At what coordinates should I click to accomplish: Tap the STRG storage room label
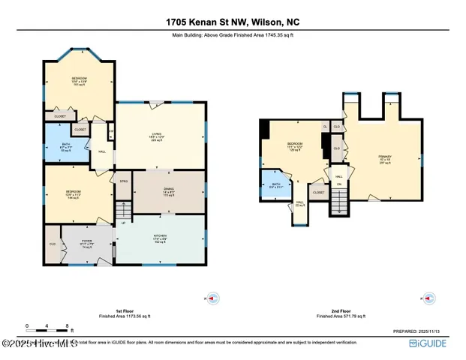pos(122,181)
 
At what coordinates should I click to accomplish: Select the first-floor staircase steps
pos(122,209)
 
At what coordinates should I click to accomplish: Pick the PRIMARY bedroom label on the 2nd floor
pos(383,157)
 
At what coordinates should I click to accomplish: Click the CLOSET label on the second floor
pos(318,193)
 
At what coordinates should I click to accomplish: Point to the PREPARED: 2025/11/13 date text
pos(425,331)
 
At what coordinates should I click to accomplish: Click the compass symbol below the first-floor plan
pos(212,298)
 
